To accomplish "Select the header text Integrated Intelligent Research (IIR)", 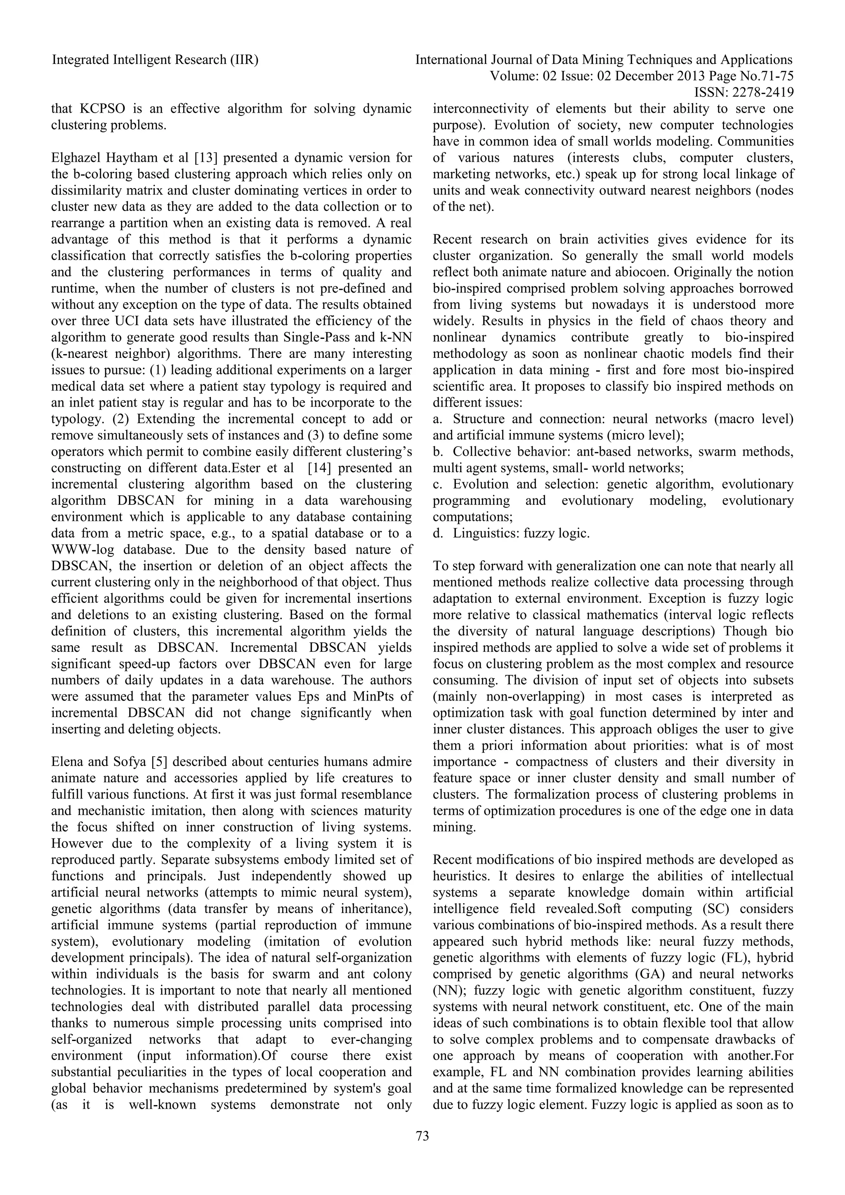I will click(155, 60).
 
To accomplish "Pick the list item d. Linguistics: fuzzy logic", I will click(512, 533).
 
